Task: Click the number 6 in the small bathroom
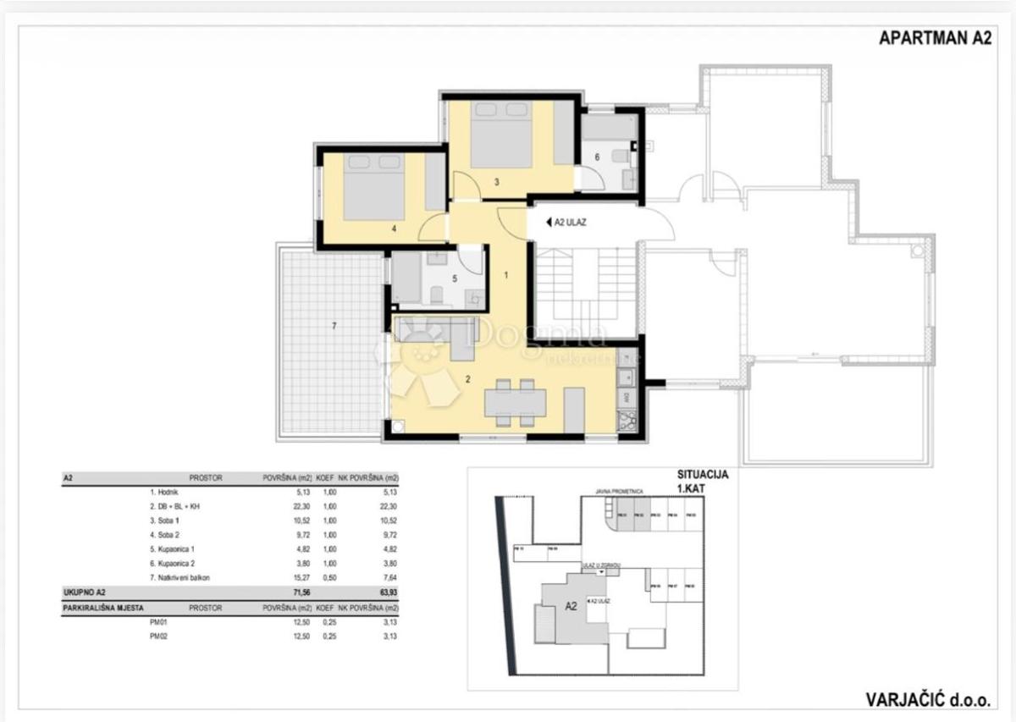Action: click(x=596, y=157)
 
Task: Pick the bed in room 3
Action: click(x=500, y=135)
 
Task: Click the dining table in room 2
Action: click(x=515, y=401)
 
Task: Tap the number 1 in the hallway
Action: click(x=506, y=274)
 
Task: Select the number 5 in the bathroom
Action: click(x=454, y=276)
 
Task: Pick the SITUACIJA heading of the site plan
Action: click(x=702, y=475)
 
